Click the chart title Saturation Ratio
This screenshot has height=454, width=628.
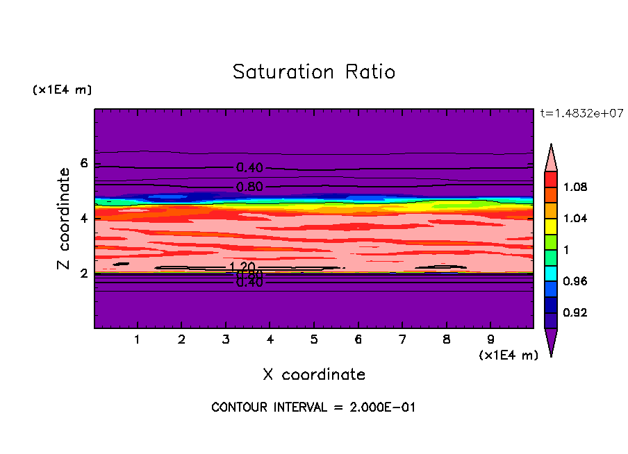pos(314,72)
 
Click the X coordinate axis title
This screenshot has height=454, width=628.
pos(314,375)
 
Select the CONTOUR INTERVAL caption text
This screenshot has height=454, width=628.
pos(313,407)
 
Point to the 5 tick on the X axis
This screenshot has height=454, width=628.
pos(314,340)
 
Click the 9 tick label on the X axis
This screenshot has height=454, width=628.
pos(490,340)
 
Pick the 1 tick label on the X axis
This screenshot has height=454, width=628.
pos(138,340)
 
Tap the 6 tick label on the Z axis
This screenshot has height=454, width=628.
pos(84,164)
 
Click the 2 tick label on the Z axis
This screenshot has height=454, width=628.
pos(84,274)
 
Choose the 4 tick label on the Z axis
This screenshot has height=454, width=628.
pos(84,219)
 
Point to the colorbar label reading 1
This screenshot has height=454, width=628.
pos(569,250)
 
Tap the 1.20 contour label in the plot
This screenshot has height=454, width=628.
pos(242,267)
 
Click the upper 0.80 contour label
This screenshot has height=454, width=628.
pos(249,187)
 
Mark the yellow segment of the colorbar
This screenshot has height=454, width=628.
pos(550,225)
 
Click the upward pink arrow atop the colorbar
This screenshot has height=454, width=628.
pos(550,158)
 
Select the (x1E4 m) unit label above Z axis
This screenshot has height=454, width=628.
pos(62,90)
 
